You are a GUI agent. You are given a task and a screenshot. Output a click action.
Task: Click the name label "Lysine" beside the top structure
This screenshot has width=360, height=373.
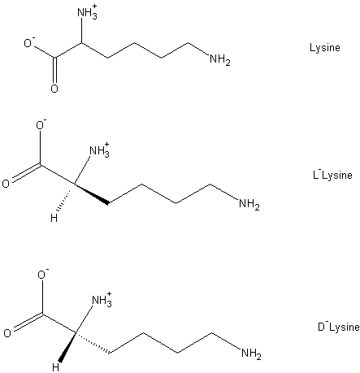pyautogui.click(x=325, y=48)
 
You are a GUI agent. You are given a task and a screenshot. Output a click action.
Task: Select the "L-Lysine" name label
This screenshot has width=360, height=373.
pyautogui.click(x=332, y=175)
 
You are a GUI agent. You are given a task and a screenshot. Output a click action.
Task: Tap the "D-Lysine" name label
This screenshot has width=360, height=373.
pyautogui.click(x=339, y=327)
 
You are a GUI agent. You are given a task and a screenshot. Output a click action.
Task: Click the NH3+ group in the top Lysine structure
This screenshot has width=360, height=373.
pyautogui.click(x=87, y=12)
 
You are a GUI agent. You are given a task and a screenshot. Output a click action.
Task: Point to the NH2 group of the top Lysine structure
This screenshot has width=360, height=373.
pyautogui.click(x=220, y=59)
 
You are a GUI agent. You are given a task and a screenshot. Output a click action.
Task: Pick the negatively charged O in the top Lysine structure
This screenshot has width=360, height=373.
pyautogui.click(x=29, y=42)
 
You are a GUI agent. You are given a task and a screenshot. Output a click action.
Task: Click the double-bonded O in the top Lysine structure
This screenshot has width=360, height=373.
pyautogui.click(x=54, y=89)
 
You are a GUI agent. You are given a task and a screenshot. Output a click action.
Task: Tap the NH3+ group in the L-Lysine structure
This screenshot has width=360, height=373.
pyautogui.click(x=99, y=150)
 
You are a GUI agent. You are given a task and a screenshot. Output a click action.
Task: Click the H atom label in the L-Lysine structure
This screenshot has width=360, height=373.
pyautogui.click(x=54, y=218)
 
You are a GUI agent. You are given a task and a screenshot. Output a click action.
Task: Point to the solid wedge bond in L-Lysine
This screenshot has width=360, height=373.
pyautogui.click(x=91, y=193)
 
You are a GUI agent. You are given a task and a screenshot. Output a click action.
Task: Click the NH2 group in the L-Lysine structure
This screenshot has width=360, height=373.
pyautogui.click(x=249, y=204)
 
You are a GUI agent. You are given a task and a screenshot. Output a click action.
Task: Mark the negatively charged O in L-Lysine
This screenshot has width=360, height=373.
pyautogui.click(x=41, y=125)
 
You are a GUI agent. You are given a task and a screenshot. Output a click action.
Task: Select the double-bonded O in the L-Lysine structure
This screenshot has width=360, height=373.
pyautogui.click(x=6, y=184)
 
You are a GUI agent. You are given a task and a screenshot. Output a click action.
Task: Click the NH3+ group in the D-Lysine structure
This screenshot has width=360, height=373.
pyautogui.click(x=102, y=300)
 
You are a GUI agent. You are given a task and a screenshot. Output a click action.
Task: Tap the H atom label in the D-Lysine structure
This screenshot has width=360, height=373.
pyautogui.click(x=55, y=367)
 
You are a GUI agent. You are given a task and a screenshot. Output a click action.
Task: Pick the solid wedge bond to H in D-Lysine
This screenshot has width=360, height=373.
pyautogui.click(x=67, y=347)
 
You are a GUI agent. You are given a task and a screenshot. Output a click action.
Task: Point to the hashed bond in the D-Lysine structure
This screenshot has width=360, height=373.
pyautogui.click(x=93, y=343)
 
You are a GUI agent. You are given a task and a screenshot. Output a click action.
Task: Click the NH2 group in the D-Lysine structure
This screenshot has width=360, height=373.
pyautogui.click(x=251, y=353)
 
